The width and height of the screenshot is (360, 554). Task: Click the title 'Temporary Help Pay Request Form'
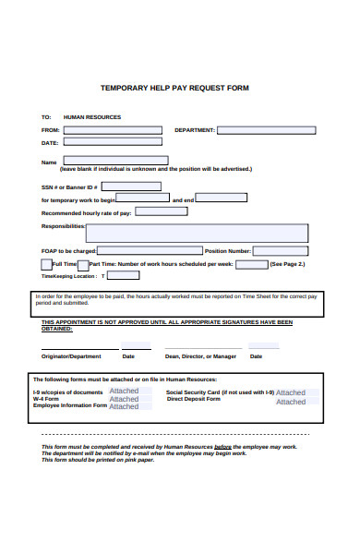click(x=174, y=89)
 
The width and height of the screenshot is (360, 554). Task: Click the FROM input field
click(x=112, y=130)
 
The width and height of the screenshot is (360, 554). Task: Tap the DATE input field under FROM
click(x=112, y=143)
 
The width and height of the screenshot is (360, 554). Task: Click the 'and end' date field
click(x=222, y=198)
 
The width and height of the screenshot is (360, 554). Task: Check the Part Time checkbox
click(x=83, y=265)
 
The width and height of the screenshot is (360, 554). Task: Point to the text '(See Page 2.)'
click(x=288, y=264)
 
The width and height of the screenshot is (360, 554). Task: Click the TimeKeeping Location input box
click(x=124, y=275)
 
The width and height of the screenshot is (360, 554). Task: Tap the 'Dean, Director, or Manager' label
click(x=200, y=356)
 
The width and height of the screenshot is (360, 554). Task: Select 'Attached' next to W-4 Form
click(x=124, y=399)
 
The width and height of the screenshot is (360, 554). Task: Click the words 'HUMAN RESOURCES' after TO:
click(x=91, y=117)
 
